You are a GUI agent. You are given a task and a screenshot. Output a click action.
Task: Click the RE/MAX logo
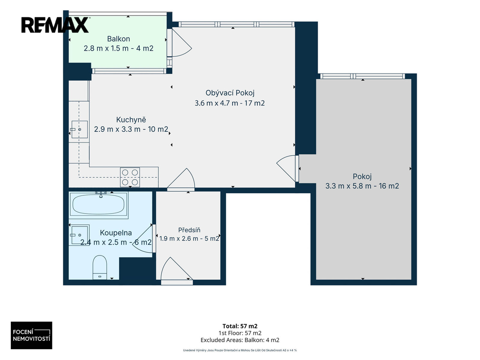(x=55, y=25)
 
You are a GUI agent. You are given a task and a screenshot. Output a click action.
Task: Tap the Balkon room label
(x=119, y=39)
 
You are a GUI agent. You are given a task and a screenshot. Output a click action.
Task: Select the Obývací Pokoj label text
(x=230, y=93)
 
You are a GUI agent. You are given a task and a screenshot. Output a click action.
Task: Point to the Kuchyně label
(x=131, y=120)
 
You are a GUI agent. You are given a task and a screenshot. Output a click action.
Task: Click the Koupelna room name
(x=116, y=233)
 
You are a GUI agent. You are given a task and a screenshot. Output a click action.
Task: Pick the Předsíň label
(x=189, y=230)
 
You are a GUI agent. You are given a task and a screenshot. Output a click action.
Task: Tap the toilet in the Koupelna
(x=100, y=267)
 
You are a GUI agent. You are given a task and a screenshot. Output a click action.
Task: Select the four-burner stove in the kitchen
(x=130, y=177)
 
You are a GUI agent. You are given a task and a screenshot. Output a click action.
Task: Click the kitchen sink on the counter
(x=79, y=129)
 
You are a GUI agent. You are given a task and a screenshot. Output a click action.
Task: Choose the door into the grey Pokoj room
(x=288, y=168)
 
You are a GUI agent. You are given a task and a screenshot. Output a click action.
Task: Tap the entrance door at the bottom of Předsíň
(x=177, y=269)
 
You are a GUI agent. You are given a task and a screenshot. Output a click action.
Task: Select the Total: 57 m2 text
(x=240, y=326)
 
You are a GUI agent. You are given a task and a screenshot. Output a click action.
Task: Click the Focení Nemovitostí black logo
(x=31, y=335)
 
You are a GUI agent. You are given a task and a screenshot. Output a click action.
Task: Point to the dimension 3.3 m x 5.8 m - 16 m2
(x=362, y=186)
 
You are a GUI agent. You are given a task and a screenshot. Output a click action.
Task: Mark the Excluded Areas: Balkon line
(x=240, y=340)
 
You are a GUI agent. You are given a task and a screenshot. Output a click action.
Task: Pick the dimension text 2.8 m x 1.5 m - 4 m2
(x=119, y=48)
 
